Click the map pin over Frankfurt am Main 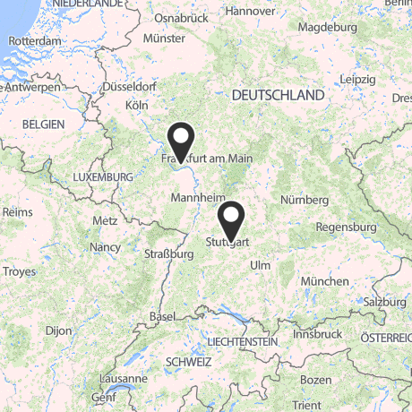point(182,141)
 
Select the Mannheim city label point(196,196)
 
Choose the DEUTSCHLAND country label point(278,95)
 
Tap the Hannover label point(250,12)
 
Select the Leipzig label point(357,79)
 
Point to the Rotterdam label point(34,41)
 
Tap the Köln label point(137,105)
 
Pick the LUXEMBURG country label point(103,177)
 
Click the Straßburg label point(169,253)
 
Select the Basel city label point(163,317)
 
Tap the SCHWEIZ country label point(188,362)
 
